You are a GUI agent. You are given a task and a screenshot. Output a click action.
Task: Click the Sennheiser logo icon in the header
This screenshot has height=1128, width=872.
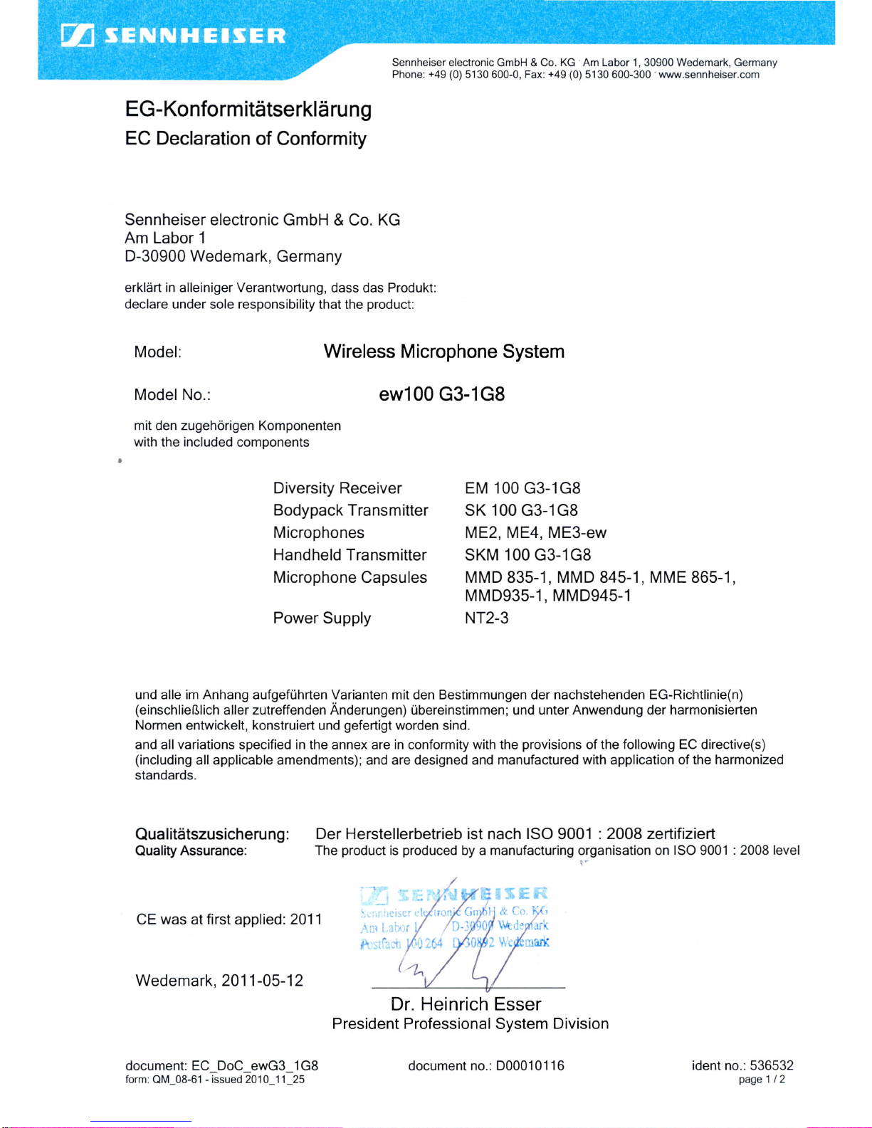[x=78, y=35]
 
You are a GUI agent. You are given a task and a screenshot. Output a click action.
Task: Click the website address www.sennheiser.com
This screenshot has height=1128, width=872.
[x=708, y=75]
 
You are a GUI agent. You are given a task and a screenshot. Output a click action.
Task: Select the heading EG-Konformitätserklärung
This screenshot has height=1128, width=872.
[x=248, y=110]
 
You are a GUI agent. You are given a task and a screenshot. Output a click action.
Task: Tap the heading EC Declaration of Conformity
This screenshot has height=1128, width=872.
[x=246, y=139]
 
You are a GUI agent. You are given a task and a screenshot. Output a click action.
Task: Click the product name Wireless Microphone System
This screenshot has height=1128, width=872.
[x=443, y=352]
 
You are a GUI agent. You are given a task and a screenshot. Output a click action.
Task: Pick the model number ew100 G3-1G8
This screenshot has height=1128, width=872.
[x=441, y=394]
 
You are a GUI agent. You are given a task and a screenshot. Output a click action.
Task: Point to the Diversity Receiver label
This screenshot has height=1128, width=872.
[x=337, y=488]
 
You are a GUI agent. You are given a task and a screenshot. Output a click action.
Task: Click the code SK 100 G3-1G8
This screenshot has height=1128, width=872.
[x=521, y=510]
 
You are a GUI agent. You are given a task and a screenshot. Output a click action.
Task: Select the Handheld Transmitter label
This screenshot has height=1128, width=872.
[x=350, y=555]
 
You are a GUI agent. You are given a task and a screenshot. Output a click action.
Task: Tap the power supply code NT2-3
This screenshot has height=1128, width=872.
[x=487, y=618]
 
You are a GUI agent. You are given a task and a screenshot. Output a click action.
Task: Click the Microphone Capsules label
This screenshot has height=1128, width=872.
[x=350, y=577]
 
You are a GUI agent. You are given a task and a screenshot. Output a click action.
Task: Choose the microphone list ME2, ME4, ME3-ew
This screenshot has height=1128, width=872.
[x=535, y=533]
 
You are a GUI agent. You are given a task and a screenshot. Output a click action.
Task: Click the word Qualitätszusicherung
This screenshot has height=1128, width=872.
[x=212, y=834]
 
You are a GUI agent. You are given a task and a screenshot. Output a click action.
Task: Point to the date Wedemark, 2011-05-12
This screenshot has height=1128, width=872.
[x=219, y=981]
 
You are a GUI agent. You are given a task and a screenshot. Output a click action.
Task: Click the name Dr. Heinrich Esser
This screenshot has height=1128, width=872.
[x=466, y=1004]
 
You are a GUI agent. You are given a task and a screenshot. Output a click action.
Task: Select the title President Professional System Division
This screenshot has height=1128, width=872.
[x=470, y=1024]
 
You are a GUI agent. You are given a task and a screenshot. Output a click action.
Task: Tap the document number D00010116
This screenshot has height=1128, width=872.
[x=530, y=1065]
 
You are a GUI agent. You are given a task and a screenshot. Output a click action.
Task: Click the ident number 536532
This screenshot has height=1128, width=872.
[x=771, y=1065]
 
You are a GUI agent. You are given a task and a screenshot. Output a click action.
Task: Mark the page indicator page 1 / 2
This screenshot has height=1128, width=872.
[x=762, y=1080]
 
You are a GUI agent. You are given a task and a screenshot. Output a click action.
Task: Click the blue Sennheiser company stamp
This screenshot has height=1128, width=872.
[x=454, y=919]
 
